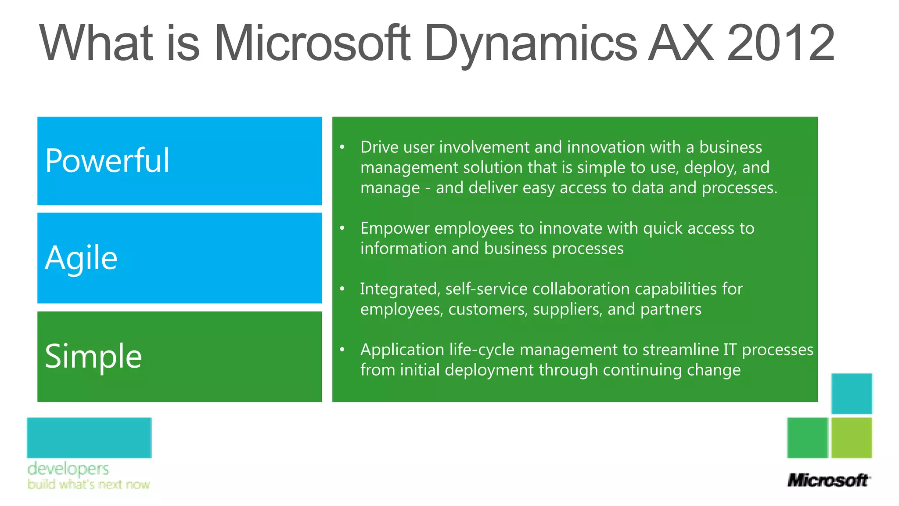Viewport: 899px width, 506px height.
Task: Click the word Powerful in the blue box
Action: [107, 160]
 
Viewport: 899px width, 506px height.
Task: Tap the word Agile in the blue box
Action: [81, 258]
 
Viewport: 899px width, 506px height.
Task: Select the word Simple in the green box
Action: [93, 356]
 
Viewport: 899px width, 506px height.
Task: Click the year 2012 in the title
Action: [780, 43]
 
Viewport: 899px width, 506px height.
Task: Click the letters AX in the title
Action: [681, 43]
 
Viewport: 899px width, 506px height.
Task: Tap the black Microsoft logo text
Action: [828, 480]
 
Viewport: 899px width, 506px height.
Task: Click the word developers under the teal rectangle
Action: [68, 469]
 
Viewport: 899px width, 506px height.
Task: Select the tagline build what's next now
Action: [89, 484]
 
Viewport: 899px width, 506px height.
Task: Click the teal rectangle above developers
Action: [89, 437]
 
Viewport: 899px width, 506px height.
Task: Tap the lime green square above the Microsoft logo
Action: [852, 437]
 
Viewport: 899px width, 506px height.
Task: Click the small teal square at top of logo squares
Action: [852, 394]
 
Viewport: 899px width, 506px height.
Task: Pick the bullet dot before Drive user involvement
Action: [342, 147]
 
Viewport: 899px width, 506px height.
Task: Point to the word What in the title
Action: [96, 43]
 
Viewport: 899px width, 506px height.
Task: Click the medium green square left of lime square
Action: [807, 437]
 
